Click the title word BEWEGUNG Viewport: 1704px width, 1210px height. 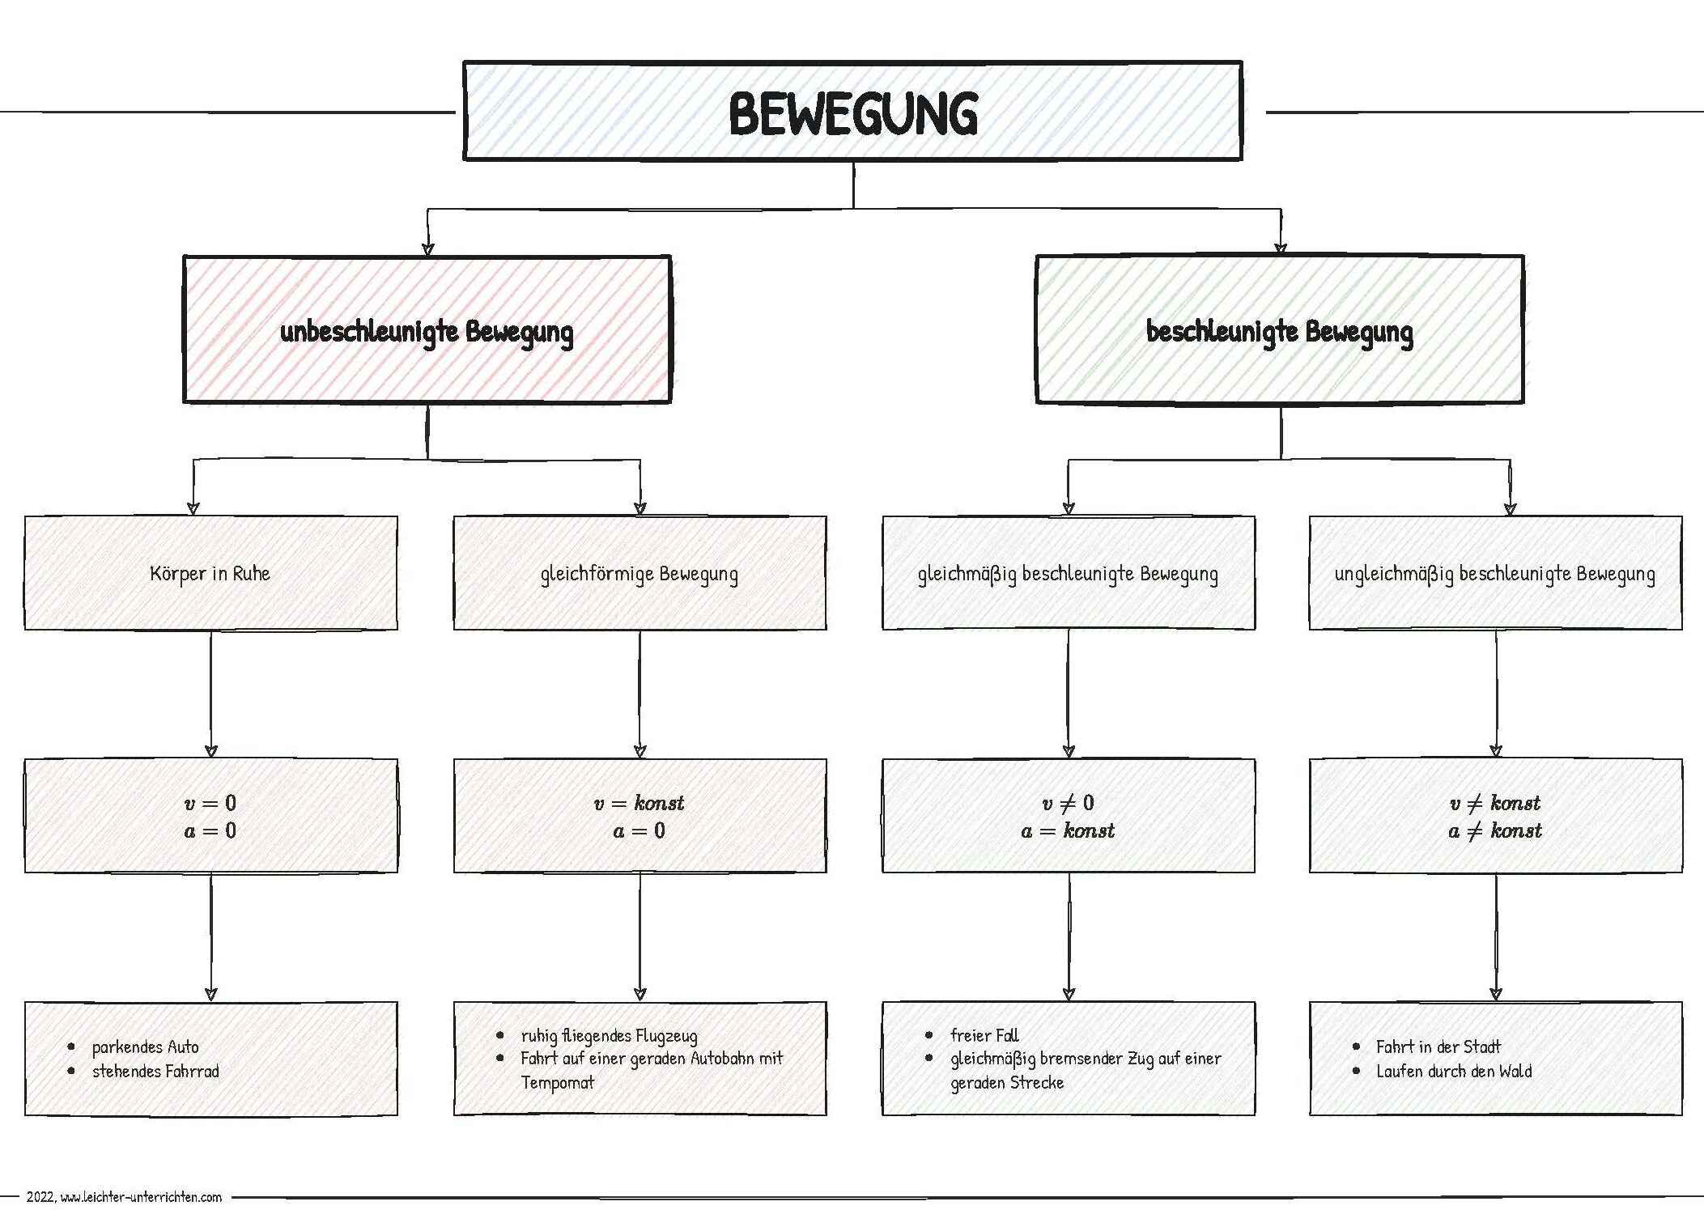click(x=852, y=113)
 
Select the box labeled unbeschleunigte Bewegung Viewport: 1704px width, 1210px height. click(x=427, y=331)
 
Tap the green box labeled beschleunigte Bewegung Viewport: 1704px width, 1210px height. click(x=1279, y=331)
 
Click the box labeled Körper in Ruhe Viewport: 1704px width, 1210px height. click(x=210, y=574)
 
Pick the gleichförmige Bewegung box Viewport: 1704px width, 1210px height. click(x=640, y=574)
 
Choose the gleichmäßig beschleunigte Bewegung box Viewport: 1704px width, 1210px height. click(x=1068, y=574)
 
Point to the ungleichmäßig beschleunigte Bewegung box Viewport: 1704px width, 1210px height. click(x=1494, y=574)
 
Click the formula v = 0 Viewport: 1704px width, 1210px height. click(x=210, y=803)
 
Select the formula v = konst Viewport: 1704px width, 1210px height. click(x=640, y=803)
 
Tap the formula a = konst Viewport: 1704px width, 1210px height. click(x=1068, y=830)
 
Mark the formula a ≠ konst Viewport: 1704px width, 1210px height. click(x=1494, y=830)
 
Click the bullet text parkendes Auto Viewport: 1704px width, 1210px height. click(x=145, y=1047)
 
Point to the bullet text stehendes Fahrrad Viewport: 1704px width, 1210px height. click(x=155, y=1072)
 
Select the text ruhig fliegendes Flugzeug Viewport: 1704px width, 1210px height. click(x=609, y=1036)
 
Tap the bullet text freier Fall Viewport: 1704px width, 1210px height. click(x=984, y=1035)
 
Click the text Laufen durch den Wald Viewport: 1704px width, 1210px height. click(x=1454, y=1072)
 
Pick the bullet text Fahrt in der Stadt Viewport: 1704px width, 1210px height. click(x=1438, y=1047)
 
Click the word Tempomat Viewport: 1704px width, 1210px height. click(x=557, y=1083)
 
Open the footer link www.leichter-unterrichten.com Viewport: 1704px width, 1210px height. click(x=141, y=1197)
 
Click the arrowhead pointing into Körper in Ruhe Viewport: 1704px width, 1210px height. click(x=193, y=508)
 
